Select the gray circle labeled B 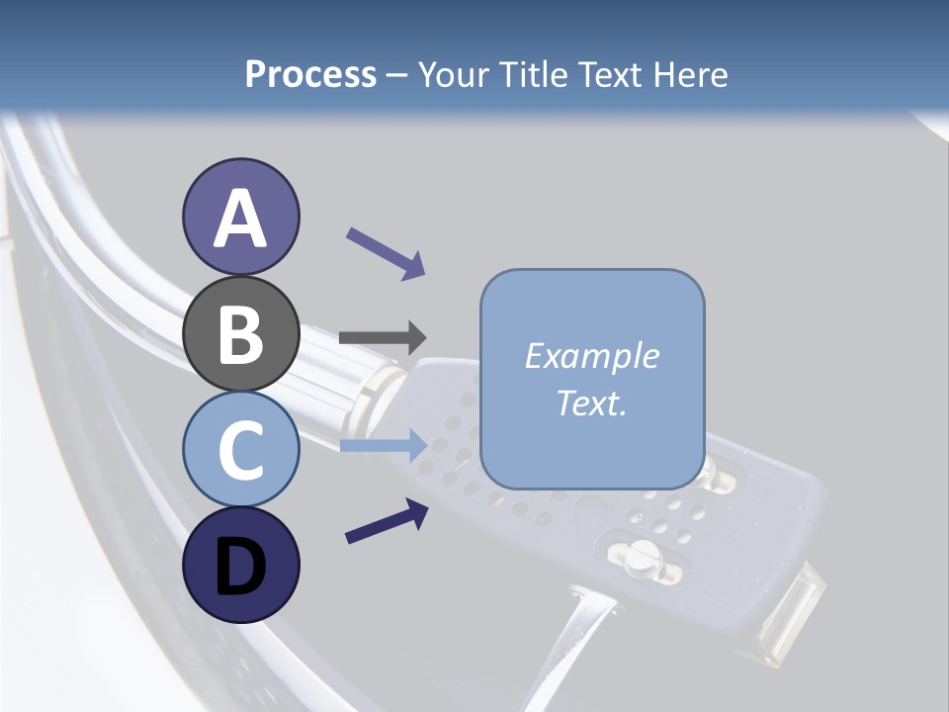pos(240,334)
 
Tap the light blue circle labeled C pos(240,450)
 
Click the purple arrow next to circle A pos(386,253)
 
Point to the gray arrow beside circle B pos(383,337)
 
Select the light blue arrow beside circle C pos(383,445)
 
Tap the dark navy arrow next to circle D pos(387,521)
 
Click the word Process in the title pos(310,74)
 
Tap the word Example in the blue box pos(591,356)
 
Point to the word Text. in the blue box pos(591,403)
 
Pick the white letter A pos(240,220)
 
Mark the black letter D pos(240,567)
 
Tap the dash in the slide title pos(397,76)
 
